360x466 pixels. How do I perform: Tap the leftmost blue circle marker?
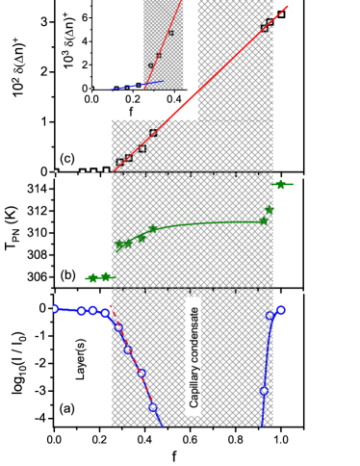pos(55,309)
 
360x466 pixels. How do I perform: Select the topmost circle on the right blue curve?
pos(280,310)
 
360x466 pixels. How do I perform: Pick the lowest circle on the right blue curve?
pos(264,390)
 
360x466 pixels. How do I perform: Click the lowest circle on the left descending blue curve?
pos(152,406)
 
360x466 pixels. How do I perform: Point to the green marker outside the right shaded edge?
pos(280,184)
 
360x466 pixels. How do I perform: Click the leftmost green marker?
pos(92,278)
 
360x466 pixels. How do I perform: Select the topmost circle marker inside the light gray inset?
pos(170,33)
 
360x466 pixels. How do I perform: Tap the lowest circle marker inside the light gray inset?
pos(151,65)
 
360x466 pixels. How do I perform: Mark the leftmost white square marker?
pos(56,171)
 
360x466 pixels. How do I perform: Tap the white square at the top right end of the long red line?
pos(281,14)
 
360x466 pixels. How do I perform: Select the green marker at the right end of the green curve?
pos(263,220)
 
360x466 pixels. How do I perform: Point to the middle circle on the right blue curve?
pos(270,316)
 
